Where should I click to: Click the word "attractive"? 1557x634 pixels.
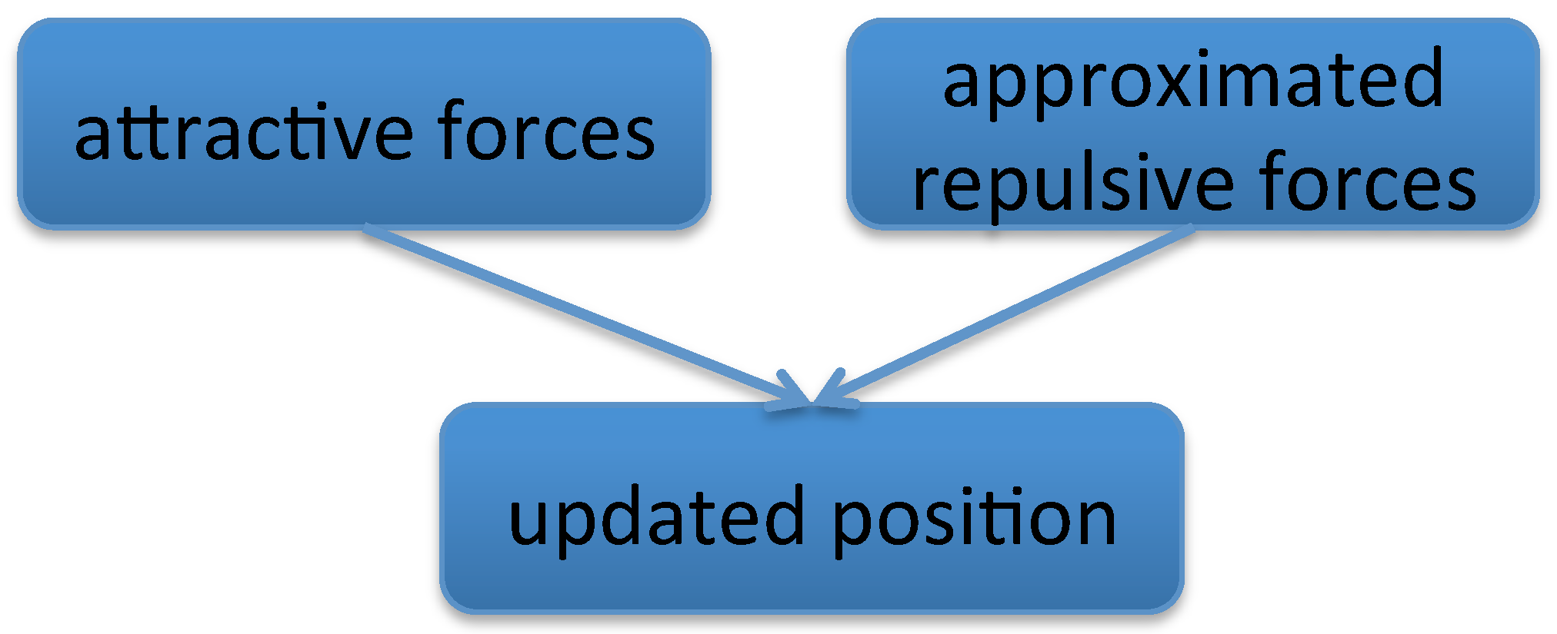(245, 132)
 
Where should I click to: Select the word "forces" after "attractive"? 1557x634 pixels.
(546, 132)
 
